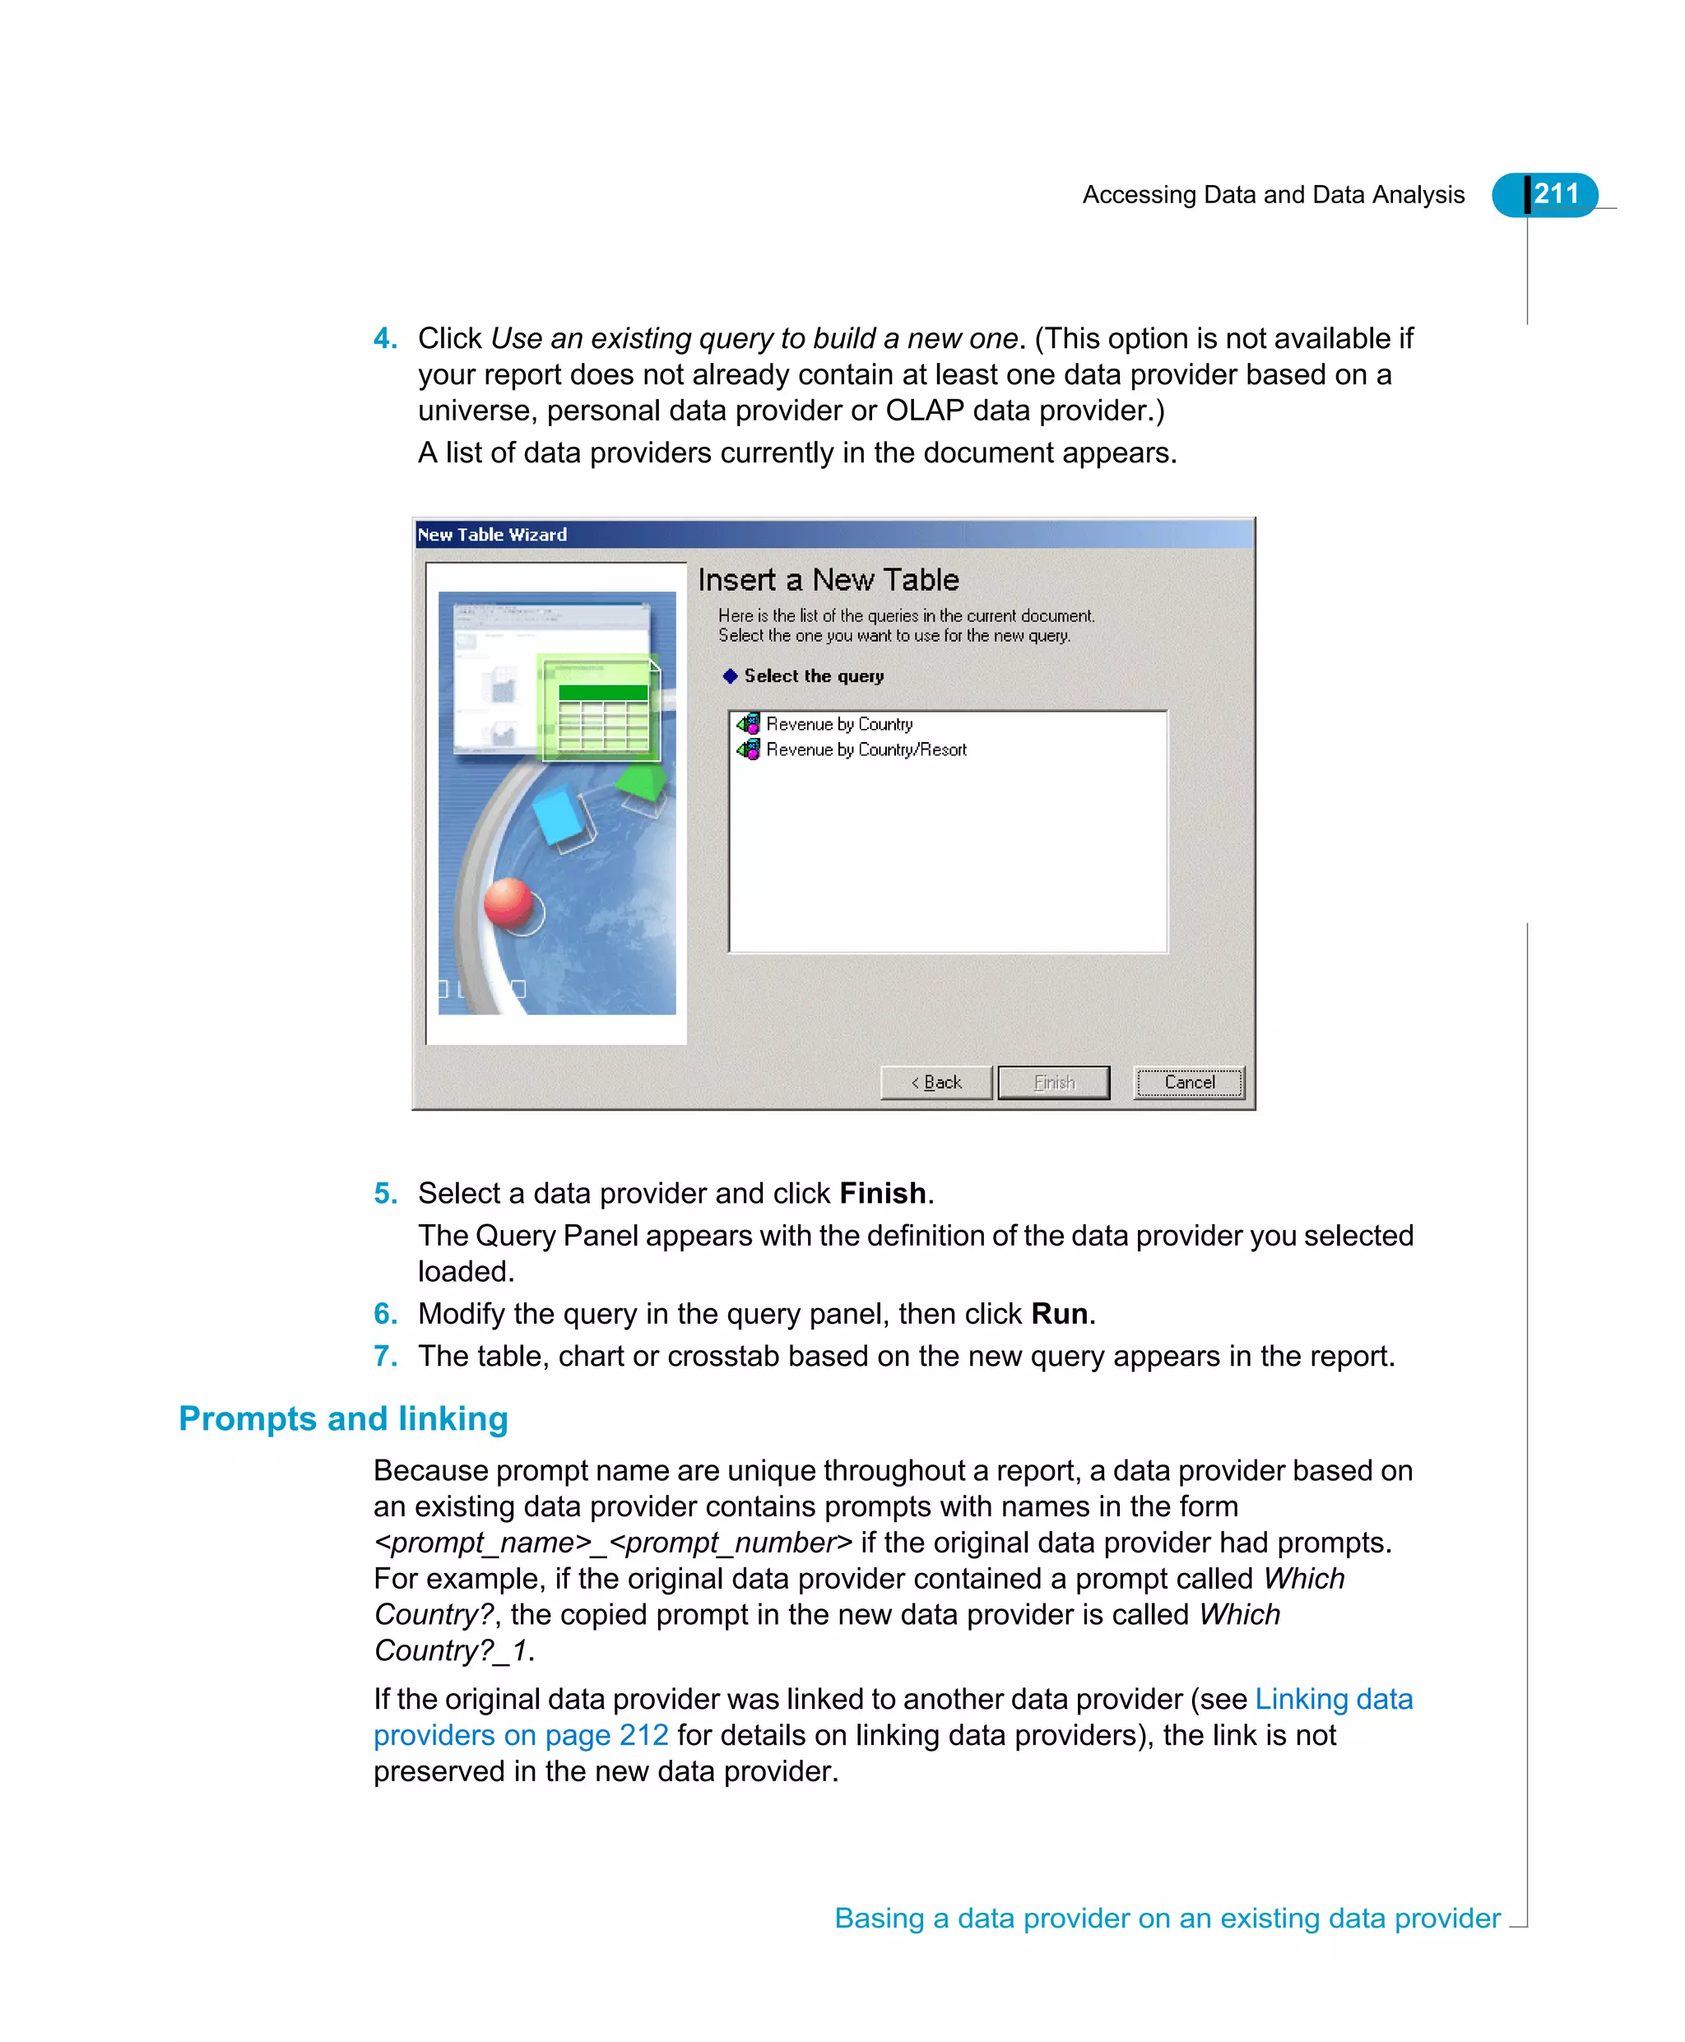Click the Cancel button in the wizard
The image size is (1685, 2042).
pos(1188,1082)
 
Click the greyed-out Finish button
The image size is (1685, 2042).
pos(1053,1082)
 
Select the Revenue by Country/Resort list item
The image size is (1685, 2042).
pos(865,750)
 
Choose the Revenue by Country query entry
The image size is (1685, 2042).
pos(838,724)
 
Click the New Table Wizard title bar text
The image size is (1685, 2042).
pos(492,535)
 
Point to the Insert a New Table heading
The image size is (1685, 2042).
pos(828,580)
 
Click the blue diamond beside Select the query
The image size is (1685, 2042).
pos(730,676)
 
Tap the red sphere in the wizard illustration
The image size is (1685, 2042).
pos(507,903)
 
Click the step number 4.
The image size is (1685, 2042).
pos(384,339)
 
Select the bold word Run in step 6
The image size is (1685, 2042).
pos(1058,1314)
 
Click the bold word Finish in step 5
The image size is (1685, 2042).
pos(881,1194)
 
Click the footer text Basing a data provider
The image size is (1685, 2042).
pos(1167,1919)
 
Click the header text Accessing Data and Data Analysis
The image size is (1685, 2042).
pos(1273,195)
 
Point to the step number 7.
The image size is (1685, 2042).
pos(384,1357)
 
